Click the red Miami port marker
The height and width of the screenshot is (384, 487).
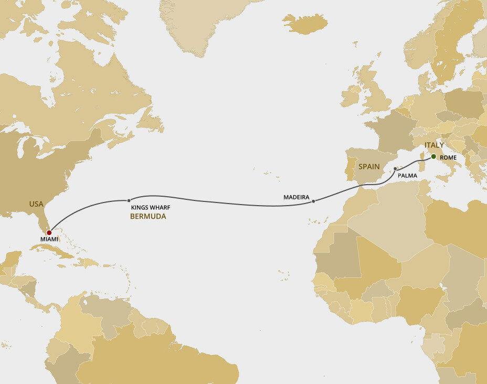pyautogui.click(x=49, y=232)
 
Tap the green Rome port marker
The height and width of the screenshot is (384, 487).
pyautogui.click(x=433, y=156)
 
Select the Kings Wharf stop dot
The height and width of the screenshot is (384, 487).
pyautogui.click(x=129, y=200)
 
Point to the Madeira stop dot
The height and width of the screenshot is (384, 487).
pyautogui.click(x=313, y=201)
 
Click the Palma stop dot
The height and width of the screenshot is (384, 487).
pyautogui.click(x=395, y=169)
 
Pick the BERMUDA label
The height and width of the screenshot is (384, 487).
pyautogui.click(x=148, y=216)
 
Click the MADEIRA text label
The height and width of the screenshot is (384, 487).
pyautogui.click(x=295, y=198)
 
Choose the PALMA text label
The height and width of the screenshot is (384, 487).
pyautogui.click(x=407, y=176)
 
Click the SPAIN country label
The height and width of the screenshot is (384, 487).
pyautogui.click(x=369, y=166)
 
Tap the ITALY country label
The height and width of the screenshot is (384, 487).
pyautogui.click(x=434, y=145)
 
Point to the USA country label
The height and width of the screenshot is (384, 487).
pyautogui.click(x=36, y=204)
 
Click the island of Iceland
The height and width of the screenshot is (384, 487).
pyautogui.click(x=305, y=23)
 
